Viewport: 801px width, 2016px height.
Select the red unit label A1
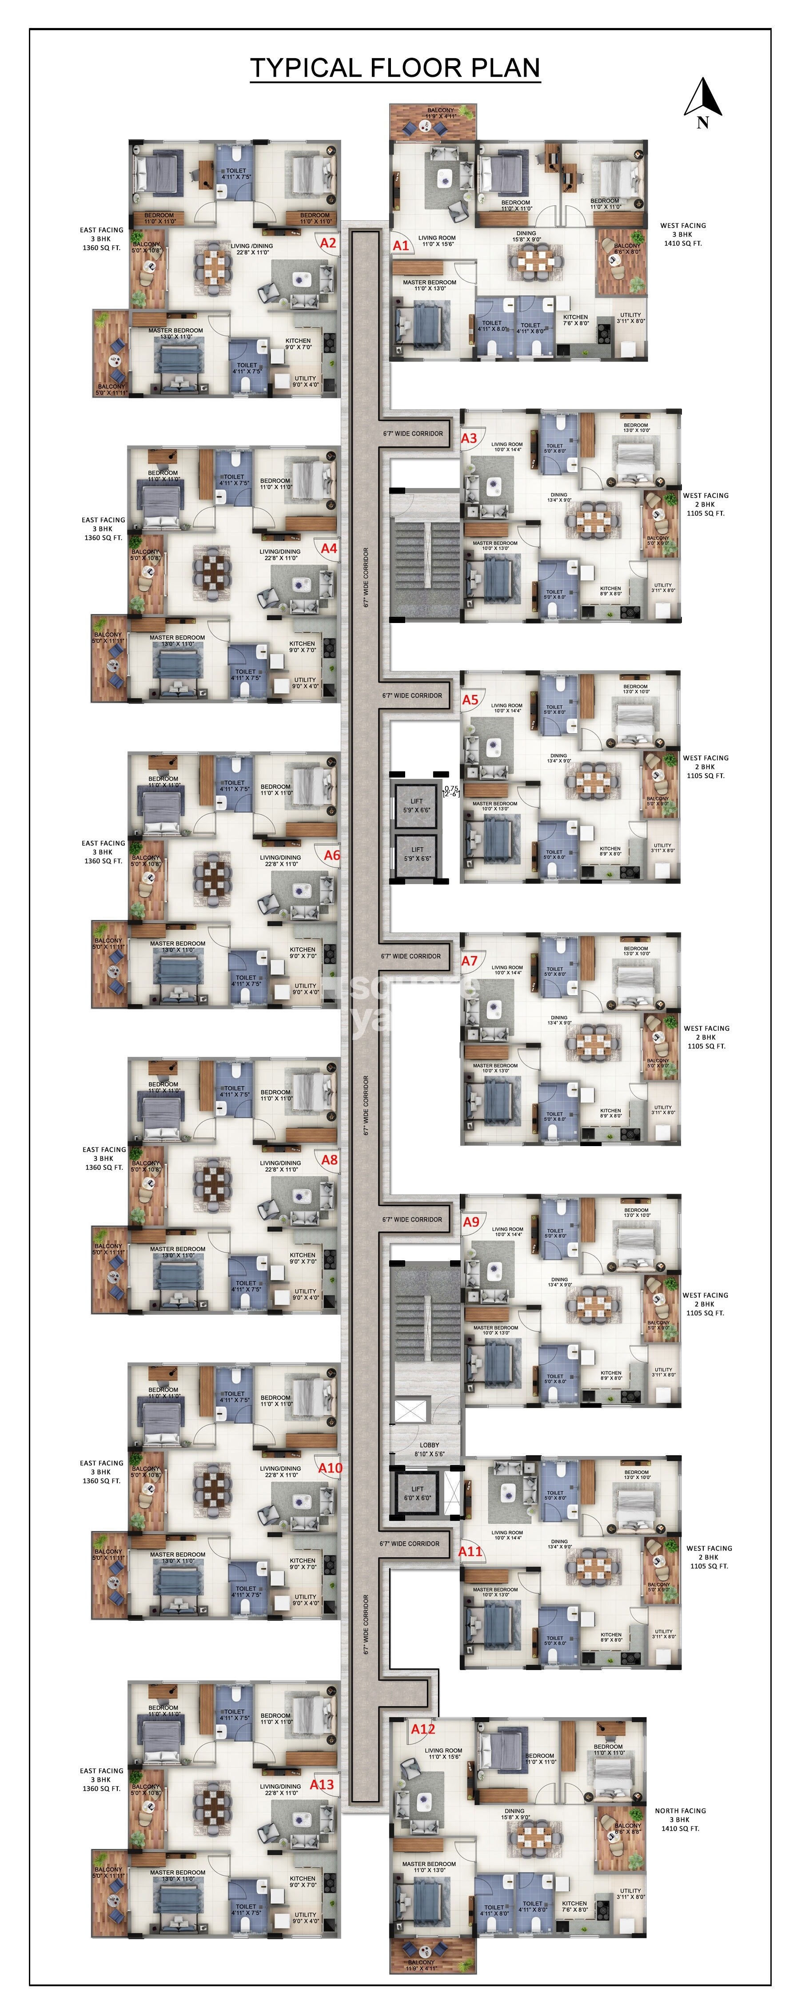(x=401, y=245)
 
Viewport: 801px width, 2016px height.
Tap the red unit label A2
(x=328, y=243)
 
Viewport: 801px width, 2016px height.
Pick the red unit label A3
(x=469, y=439)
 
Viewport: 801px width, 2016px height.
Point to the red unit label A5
(x=470, y=700)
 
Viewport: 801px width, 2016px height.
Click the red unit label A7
(x=469, y=961)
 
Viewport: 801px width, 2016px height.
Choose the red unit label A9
(x=470, y=1222)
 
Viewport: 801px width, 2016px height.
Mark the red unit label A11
(x=470, y=1551)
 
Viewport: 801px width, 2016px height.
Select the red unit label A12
(x=423, y=1729)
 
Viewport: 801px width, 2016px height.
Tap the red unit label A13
(x=322, y=1784)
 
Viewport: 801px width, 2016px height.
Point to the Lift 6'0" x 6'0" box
(x=417, y=1493)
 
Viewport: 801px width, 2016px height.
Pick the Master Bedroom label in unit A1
(x=429, y=285)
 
